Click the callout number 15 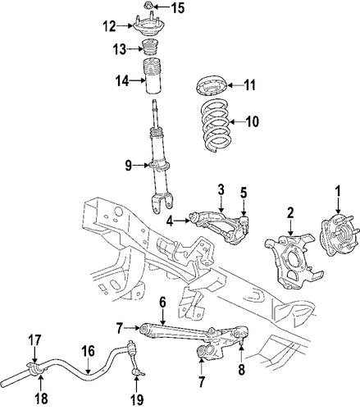click(177, 7)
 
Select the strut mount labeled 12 click(148, 25)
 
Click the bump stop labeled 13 click(151, 48)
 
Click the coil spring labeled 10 click(216, 125)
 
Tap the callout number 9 click(129, 166)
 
